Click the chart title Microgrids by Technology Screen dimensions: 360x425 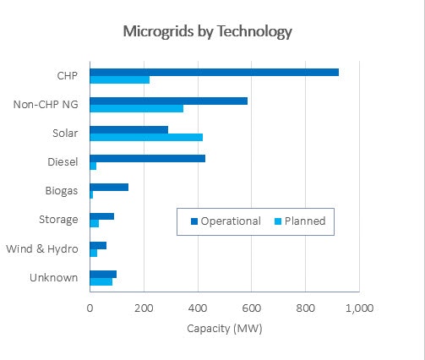[x=207, y=32]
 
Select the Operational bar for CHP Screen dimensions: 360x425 [x=214, y=72]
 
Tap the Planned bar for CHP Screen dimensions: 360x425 [x=119, y=79]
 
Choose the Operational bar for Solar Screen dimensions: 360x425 [x=128, y=129]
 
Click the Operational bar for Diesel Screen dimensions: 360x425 [x=147, y=158]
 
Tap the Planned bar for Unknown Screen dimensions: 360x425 [x=101, y=281]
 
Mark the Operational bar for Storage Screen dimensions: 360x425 [x=101, y=216]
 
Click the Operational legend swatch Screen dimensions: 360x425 [x=193, y=221]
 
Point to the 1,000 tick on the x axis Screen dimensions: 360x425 [x=359, y=308]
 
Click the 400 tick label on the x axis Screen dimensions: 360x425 [x=198, y=308]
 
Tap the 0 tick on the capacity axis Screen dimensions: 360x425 [x=90, y=308]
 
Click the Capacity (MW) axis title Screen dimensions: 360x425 [x=224, y=328]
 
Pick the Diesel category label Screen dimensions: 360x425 [x=63, y=162]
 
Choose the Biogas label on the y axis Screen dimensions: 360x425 [x=62, y=191]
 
